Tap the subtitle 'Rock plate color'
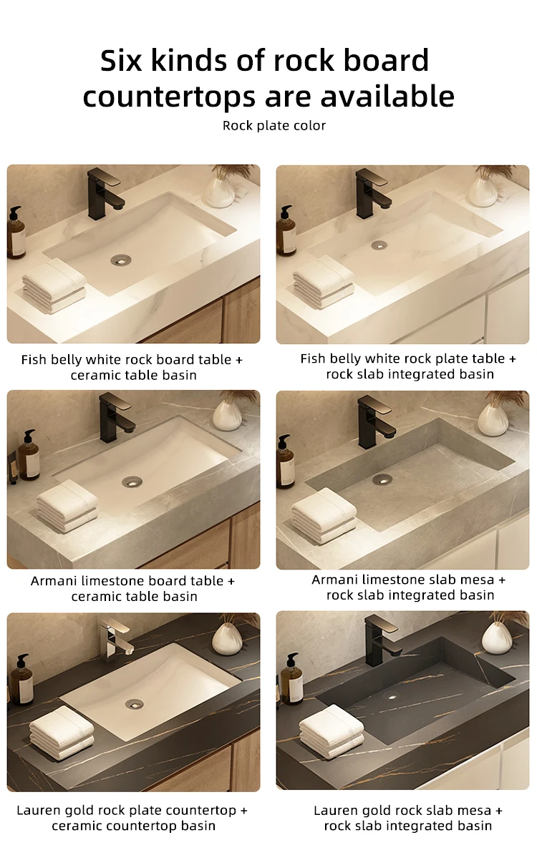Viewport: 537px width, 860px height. (274, 125)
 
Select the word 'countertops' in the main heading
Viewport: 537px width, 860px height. (169, 97)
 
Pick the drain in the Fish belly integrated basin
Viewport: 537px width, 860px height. (379, 245)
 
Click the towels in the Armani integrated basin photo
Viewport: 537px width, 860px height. (324, 516)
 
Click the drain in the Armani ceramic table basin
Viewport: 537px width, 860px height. (132, 482)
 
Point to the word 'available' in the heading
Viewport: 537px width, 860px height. (387, 96)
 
